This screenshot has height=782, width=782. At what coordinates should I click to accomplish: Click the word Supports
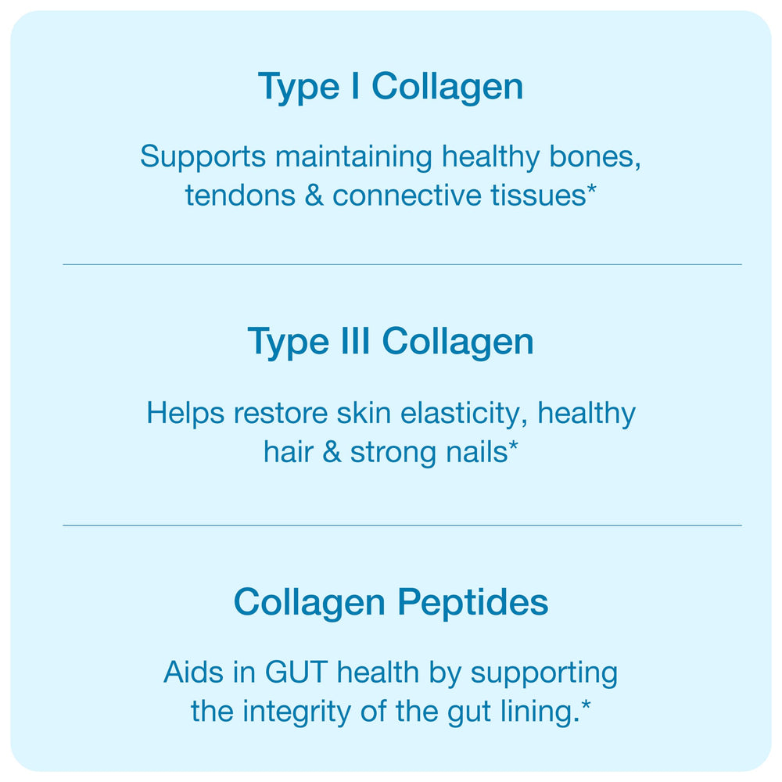[x=203, y=157]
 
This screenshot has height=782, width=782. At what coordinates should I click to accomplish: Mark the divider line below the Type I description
[x=402, y=264]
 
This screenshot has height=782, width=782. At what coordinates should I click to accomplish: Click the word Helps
[x=185, y=413]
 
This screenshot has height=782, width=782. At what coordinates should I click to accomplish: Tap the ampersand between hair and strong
[x=332, y=452]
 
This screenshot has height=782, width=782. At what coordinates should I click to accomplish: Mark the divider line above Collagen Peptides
[x=402, y=525]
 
